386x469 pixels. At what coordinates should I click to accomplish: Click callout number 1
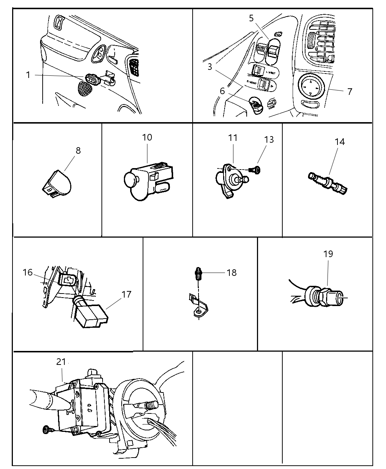click(x=28, y=75)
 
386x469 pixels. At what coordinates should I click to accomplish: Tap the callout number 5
click(x=251, y=18)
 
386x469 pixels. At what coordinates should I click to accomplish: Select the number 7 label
click(x=350, y=91)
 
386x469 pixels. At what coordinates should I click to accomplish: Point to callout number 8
click(x=78, y=150)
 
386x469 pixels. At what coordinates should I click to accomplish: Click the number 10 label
click(x=147, y=137)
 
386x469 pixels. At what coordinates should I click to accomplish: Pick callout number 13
click(x=269, y=139)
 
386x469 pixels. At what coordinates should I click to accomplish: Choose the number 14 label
click(x=340, y=142)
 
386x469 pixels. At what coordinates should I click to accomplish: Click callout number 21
click(x=61, y=362)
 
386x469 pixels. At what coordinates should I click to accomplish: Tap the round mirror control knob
click(x=311, y=88)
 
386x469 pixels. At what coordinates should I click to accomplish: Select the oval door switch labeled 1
click(x=92, y=79)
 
